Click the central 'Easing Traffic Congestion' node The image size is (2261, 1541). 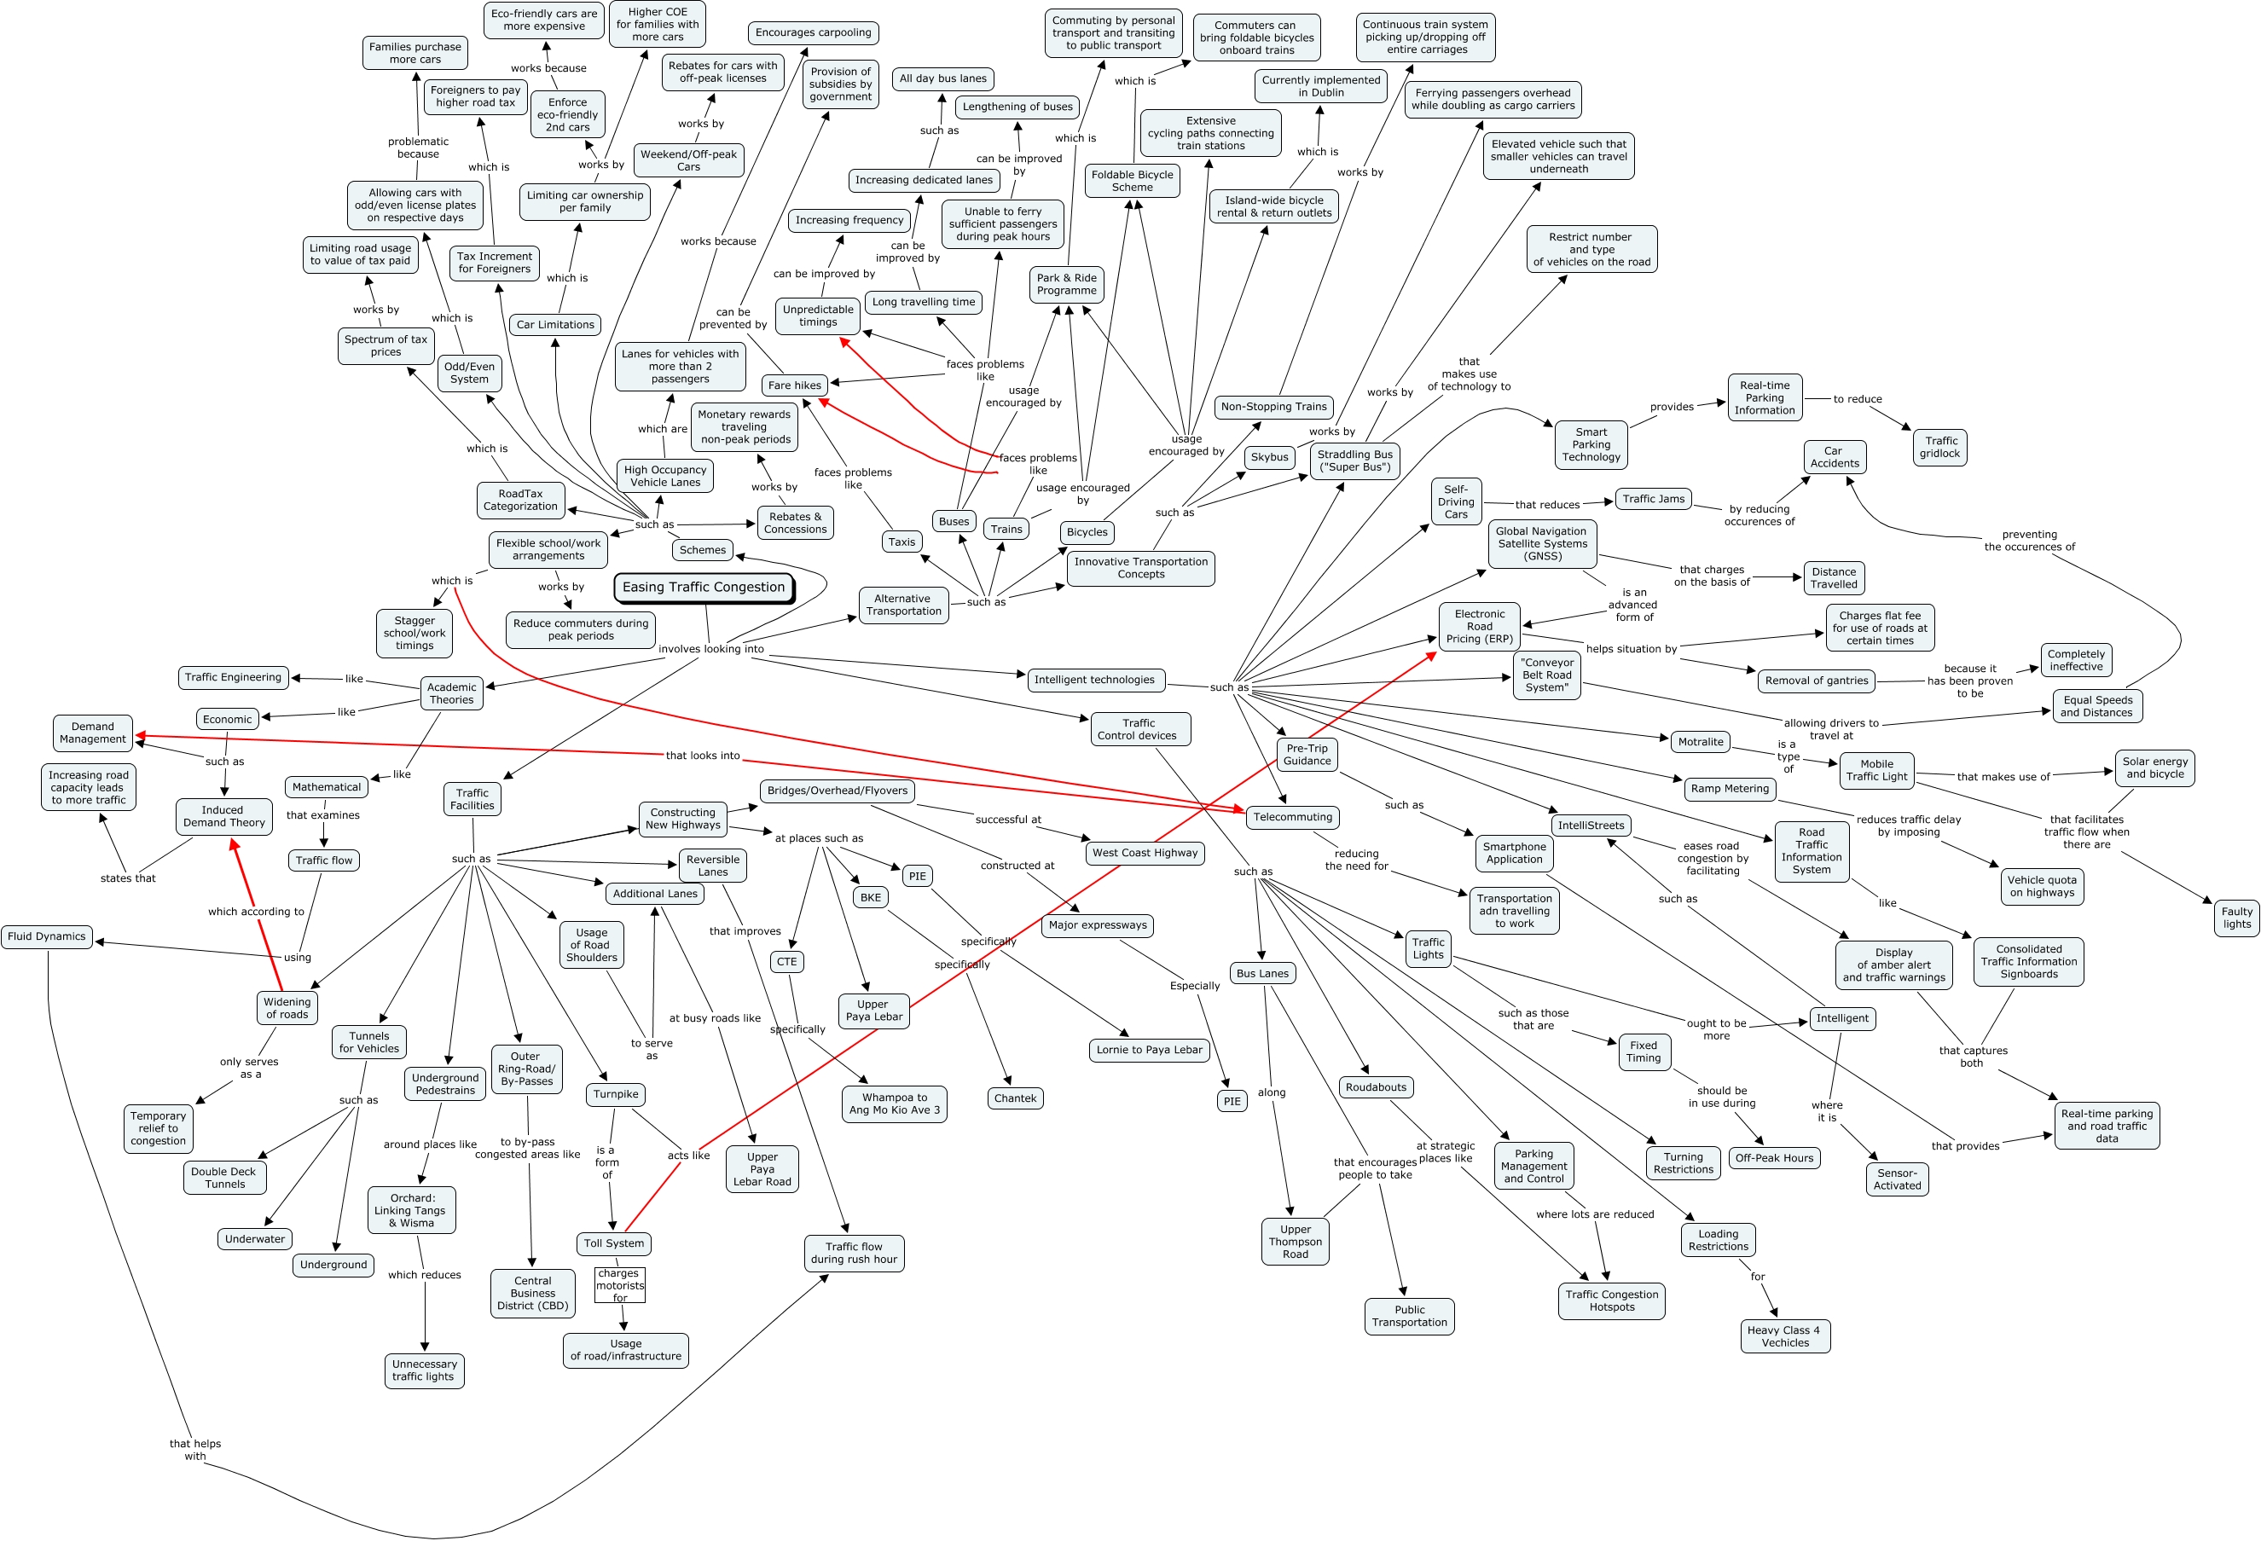[x=704, y=588]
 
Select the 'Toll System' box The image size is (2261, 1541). [x=613, y=1243]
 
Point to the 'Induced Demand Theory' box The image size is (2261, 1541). [x=223, y=816]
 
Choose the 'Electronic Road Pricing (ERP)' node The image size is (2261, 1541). [x=1479, y=627]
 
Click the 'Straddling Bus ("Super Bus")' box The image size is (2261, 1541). [x=1354, y=461]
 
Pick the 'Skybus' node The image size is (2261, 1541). [x=1270, y=457]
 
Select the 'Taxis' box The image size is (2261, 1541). [x=902, y=542]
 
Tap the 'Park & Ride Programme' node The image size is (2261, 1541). [x=1066, y=284]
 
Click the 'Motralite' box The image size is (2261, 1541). [x=1701, y=742]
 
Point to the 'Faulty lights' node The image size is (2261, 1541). [x=2236, y=918]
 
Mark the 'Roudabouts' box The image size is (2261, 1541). [x=1376, y=1087]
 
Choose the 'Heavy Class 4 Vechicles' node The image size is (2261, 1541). [x=1784, y=1336]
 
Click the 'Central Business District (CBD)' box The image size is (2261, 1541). [x=532, y=1294]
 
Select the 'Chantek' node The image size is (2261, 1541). [x=1015, y=1098]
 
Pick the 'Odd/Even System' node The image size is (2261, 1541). [x=469, y=374]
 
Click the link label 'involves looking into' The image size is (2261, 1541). [x=711, y=649]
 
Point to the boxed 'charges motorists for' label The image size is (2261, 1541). [x=620, y=1285]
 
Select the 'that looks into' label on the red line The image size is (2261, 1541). [x=703, y=756]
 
